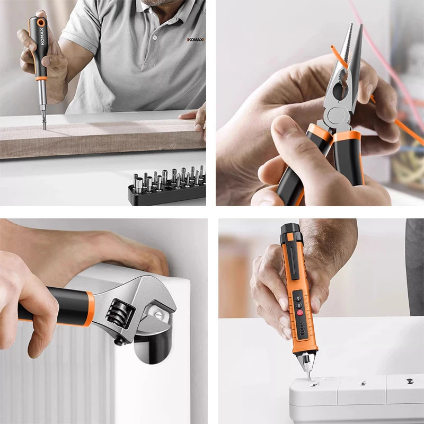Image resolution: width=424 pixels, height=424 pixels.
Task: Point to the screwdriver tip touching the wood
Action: [x=43, y=127]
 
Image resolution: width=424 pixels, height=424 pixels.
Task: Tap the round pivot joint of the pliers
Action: [x=335, y=114]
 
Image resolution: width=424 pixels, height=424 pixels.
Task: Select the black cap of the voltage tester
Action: [x=290, y=232]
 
